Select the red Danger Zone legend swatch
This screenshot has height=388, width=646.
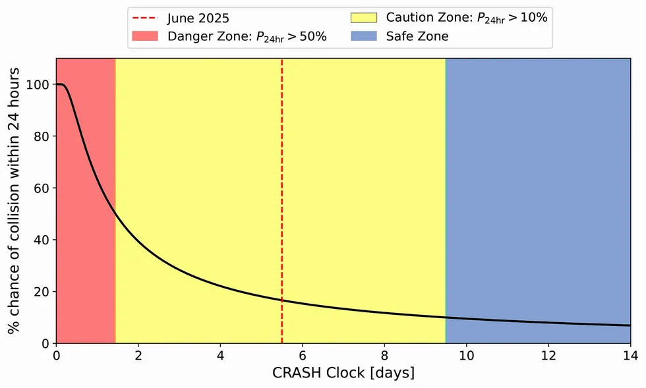coord(146,36)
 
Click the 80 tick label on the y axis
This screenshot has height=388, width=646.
coord(42,136)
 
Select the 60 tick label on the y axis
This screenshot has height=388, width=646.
coord(42,188)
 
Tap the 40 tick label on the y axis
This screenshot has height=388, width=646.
coord(42,240)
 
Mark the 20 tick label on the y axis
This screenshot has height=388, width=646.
coord(42,292)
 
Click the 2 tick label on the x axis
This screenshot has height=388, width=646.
coord(138,356)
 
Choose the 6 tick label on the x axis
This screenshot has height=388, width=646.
coord(303,356)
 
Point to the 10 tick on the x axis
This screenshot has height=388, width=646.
coord(466,356)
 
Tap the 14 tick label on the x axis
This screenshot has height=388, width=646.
coord(630,356)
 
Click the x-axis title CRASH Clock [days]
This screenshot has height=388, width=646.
coord(343,374)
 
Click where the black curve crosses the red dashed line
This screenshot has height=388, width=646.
coord(282,300)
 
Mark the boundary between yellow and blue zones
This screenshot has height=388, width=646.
coord(446,198)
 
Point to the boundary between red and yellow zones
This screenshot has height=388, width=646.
coord(115,198)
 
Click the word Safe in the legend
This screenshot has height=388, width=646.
coord(399,36)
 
